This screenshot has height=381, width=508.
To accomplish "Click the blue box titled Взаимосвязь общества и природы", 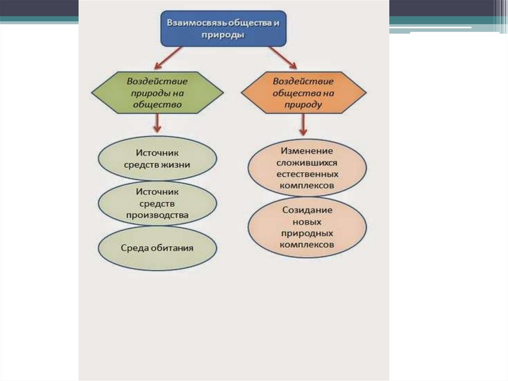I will tap(224, 29).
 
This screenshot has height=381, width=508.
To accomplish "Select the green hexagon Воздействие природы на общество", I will tap(157, 92).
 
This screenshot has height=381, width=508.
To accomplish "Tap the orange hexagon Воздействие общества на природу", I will tap(303, 92).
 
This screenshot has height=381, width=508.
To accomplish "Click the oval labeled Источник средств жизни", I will tap(157, 158).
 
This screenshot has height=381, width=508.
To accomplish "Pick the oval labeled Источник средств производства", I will tap(157, 203).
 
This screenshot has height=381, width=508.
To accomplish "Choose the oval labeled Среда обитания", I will tap(157, 248).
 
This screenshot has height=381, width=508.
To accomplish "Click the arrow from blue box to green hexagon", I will tap(169, 57).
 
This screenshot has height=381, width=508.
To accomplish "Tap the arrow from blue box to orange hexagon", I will tap(283, 57).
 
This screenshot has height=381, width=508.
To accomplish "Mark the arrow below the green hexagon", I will tap(157, 122).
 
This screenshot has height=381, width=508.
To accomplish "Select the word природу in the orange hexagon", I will tap(303, 105).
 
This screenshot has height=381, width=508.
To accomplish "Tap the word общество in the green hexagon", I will tap(157, 105).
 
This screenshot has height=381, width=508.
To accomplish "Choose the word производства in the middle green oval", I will tap(157, 215).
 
